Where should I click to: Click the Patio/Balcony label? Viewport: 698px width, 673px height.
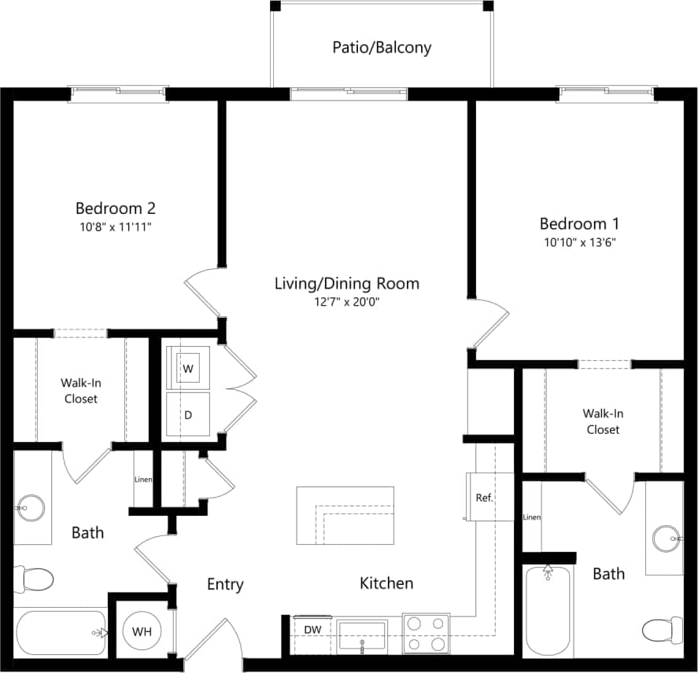pos(382,47)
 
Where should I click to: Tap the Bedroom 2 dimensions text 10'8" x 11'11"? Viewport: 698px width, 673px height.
pos(115,227)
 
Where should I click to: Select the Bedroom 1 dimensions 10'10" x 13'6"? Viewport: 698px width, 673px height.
pos(578,242)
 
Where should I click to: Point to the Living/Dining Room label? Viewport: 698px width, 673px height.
pos(346,283)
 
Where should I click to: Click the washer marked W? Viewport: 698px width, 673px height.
pos(188,368)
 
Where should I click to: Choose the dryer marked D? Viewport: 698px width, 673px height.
pos(188,414)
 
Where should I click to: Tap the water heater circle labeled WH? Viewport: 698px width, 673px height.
pos(142,631)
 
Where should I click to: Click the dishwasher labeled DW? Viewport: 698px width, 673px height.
pos(312,630)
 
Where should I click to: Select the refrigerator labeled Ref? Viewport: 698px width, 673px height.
pos(484,497)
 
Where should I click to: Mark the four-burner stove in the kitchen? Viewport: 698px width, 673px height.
pos(427,633)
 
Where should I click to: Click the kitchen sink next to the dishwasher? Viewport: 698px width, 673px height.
pos(362,634)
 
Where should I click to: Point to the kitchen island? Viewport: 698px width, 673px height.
pos(345,515)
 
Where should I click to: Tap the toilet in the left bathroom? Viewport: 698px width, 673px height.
pos(35,580)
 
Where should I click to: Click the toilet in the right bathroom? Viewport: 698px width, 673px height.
pos(659,629)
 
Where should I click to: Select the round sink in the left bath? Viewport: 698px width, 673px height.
pos(32,507)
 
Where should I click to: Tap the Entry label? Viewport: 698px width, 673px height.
pos(225,584)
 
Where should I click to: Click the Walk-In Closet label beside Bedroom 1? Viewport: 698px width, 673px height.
pos(602,421)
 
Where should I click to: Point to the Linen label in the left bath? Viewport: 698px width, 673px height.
pos(143,480)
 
